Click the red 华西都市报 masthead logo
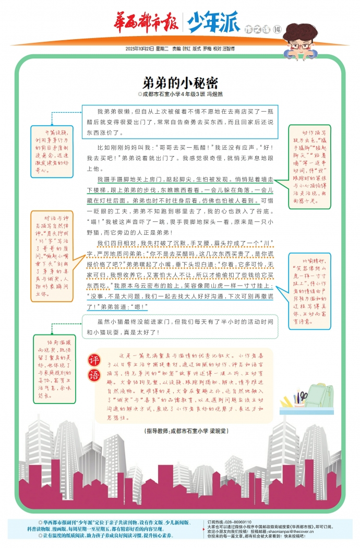[146, 23]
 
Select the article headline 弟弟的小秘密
[180, 83]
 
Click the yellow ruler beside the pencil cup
[285, 402]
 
